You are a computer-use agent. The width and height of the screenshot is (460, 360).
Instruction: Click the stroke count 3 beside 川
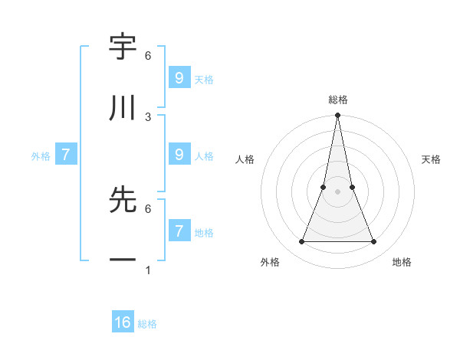tap(148, 116)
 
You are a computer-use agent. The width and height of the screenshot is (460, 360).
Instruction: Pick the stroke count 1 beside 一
tap(148, 270)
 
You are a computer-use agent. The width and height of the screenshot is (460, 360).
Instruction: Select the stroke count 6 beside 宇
tap(148, 55)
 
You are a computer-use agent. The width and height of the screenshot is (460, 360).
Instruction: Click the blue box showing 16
tap(123, 322)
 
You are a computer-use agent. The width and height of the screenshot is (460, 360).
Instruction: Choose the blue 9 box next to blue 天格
tap(179, 78)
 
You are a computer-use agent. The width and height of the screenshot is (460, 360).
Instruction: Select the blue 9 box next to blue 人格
tap(179, 155)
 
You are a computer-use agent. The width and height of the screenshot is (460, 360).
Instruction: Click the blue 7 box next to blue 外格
tap(66, 155)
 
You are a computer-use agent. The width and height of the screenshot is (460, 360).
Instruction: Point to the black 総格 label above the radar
tap(337, 100)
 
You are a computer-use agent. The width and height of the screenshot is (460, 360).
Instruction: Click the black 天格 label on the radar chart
tap(431, 159)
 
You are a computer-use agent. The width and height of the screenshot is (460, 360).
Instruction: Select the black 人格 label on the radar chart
tap(245, 159)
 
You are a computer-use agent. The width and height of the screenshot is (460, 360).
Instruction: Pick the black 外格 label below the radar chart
tap(270, 262)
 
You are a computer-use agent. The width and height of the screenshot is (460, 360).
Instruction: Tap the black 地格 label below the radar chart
tap(402, 262)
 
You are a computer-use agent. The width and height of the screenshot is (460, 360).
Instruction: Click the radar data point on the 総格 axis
tap(337, 116)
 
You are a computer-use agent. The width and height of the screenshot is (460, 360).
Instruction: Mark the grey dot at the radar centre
tap(337, 191)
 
